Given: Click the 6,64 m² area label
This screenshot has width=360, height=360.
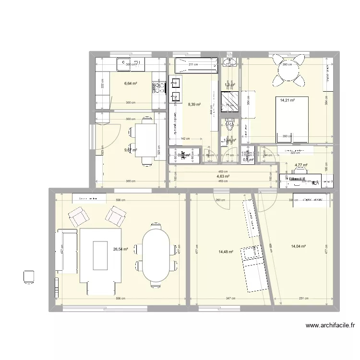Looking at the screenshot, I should click(131, 83).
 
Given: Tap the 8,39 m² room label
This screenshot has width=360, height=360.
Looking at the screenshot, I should click(194, 104).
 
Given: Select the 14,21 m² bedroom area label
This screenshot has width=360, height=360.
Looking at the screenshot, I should click(287, 100).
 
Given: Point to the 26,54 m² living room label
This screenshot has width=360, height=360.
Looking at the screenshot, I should click(121, 249).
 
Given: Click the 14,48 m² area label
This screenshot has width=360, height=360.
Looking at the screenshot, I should click(226, 252).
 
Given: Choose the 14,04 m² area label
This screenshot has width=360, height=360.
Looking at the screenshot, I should click(298, 246).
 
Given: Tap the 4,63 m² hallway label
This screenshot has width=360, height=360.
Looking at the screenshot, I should click(222, 176).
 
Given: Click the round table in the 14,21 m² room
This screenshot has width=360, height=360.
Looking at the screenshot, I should click(288, 70).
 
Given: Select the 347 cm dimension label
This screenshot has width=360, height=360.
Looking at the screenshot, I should click(231, 298).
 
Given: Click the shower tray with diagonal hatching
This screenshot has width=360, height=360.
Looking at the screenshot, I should click(229, 102).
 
